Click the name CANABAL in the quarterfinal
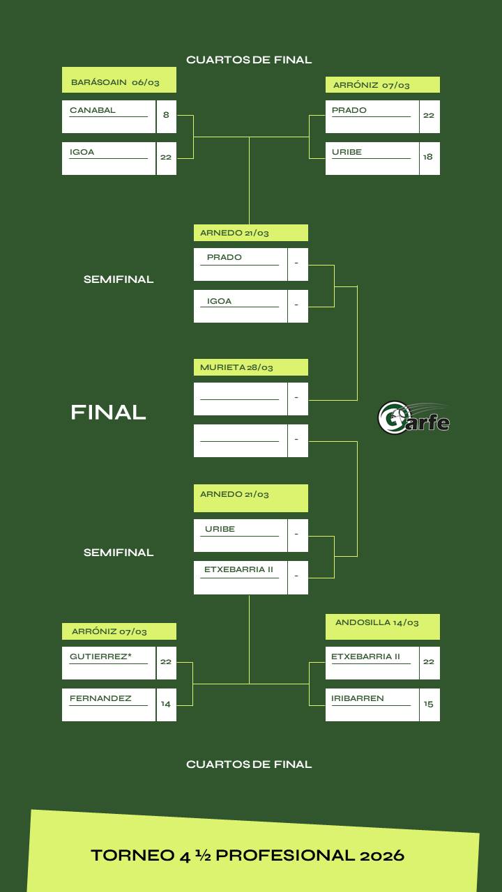point(93,110)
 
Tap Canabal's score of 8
point(166,115)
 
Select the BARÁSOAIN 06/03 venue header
point(116,82)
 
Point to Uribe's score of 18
point(428,157)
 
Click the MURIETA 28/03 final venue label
point(237,367)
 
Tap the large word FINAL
point(108,413)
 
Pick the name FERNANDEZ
point(100,698)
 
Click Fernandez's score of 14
point(166,704)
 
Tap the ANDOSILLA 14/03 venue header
point(377,623)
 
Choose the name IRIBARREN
point(358,698)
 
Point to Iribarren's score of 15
point(429,704)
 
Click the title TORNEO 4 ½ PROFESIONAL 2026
point(248,855)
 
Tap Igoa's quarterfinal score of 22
point(166,157)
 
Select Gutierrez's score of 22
point(166,662)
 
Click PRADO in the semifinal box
point(225,258)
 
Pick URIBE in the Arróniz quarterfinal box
point(347,152)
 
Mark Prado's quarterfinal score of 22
point(429,116)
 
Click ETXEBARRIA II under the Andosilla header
point(365,656)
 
